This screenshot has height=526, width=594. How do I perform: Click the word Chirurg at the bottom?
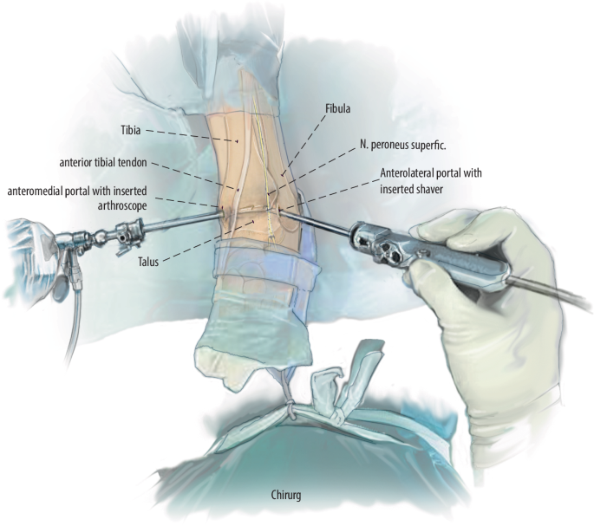tap(288, 496)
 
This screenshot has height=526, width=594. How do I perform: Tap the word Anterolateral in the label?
tap(411, 173)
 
